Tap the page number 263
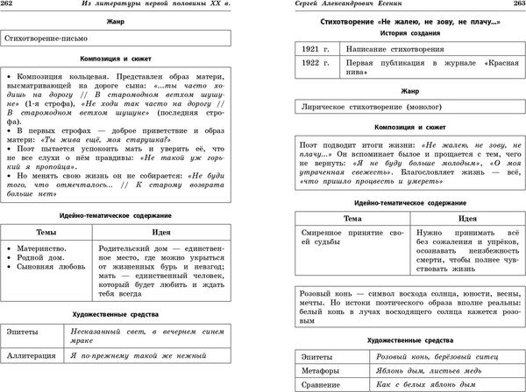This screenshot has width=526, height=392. tap(515, 7)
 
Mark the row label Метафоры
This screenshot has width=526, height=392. tap(321, 372)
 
